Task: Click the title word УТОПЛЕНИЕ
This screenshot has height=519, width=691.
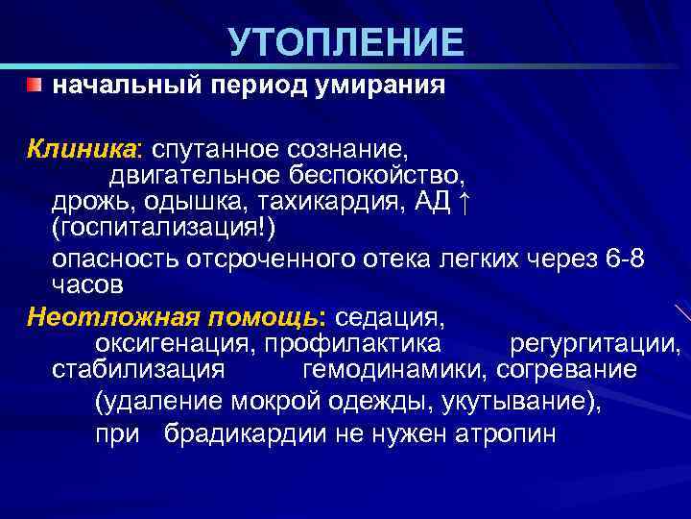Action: [345, 43]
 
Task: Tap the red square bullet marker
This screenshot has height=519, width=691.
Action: [36, 86]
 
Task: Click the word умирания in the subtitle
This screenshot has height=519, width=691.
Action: [381, 86]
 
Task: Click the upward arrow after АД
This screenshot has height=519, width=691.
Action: [465, 202]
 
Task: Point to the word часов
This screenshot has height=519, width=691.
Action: [87, 285]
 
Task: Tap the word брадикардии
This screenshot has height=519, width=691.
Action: [245, 433]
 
